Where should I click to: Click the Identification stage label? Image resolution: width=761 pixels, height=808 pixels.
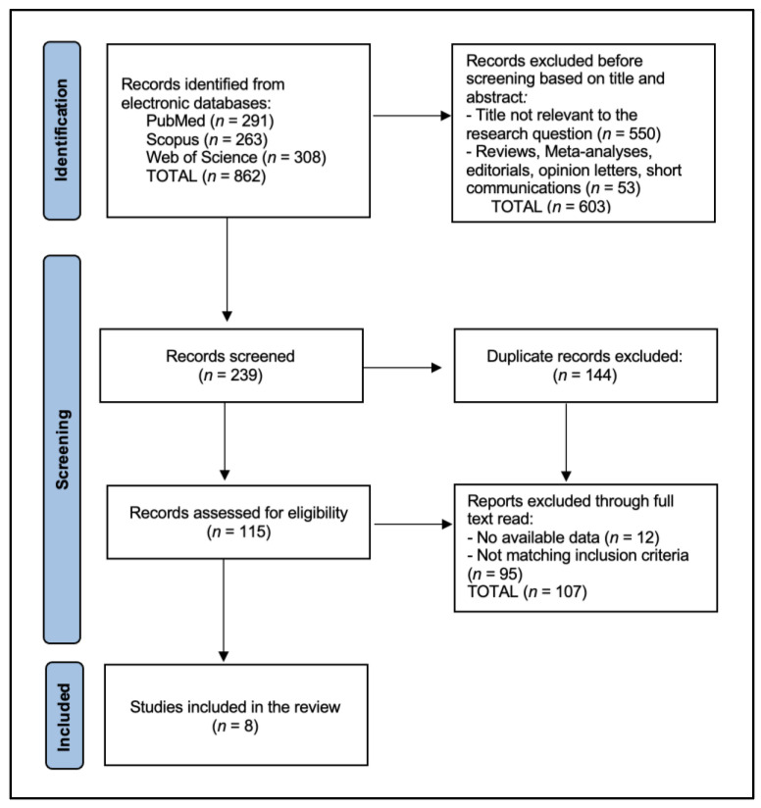(62, 130)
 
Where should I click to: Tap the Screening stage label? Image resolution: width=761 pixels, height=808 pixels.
(62, 449)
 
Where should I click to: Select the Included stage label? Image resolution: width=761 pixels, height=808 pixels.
(64, 716)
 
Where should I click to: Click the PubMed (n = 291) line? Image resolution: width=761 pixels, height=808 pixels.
(210, 121)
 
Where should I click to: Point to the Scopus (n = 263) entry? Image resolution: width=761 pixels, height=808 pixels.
(207, 139)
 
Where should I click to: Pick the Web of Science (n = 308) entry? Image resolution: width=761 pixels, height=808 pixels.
(236, 157)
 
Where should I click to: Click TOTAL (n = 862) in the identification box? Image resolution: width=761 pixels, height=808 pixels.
(206, 176)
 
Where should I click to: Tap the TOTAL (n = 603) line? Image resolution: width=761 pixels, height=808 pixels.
(551, 206)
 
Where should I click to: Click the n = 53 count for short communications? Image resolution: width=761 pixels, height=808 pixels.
(613, 187)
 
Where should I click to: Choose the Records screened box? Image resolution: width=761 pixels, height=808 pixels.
(231, 366)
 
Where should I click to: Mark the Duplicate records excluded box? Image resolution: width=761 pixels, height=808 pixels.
(585, 366)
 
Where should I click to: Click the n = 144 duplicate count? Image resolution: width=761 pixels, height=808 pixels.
(584, 375)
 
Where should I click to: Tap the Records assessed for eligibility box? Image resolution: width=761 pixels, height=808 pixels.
(238, 522)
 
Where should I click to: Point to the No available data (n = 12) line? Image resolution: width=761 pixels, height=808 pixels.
(563, 537)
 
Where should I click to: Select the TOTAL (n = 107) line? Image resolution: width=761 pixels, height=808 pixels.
(527, 591)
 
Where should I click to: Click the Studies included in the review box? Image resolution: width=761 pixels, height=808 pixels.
(236, 715)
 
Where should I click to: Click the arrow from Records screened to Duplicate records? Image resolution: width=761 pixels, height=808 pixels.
(402, 368)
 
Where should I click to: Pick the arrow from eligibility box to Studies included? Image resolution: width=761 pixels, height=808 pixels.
(224, 610)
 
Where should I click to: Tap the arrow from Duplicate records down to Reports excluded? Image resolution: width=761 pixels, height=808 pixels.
(566, 442)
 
